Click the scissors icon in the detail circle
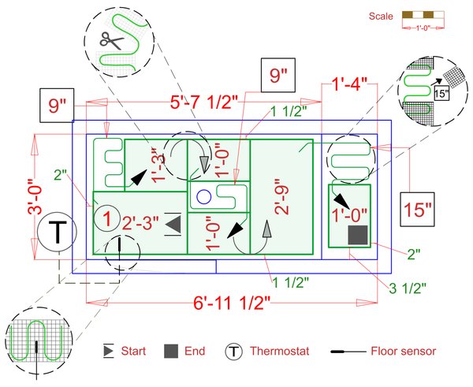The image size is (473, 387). click(x=107, y=39)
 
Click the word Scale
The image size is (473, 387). click(x=382, y=16)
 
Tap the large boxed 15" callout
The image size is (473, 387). click(x=418, y=210)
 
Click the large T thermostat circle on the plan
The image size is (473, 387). click(x=57, y=233)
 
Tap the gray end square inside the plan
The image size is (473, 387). click(x=358, y=235)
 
